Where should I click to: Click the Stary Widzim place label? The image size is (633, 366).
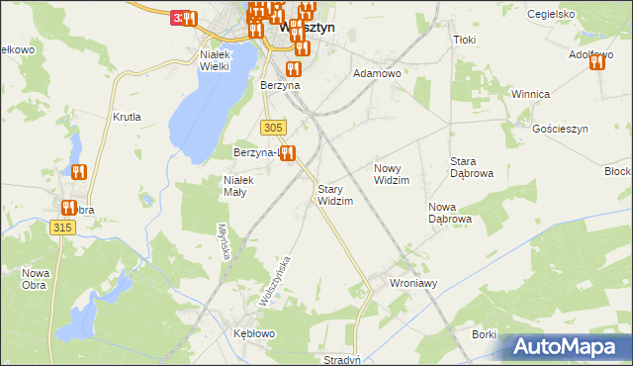(334, 195)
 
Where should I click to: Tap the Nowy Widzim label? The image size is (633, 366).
(392, 174)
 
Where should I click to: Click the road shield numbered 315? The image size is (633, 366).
(61, 228)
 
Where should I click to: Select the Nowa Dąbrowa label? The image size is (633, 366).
(449, 213)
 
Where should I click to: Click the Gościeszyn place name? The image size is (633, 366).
(560, 130)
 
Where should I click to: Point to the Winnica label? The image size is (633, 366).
(530, 94)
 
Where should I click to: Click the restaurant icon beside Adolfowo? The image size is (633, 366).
(596, 63)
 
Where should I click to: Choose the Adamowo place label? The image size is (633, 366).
(377, 73)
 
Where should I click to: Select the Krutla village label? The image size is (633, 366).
(127, 117)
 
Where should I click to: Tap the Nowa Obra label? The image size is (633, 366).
(37, 279)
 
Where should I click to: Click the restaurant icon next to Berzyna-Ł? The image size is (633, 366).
(287, 152)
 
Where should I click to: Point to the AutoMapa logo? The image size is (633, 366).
(569, 346)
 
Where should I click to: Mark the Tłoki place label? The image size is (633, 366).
(464, 40)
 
